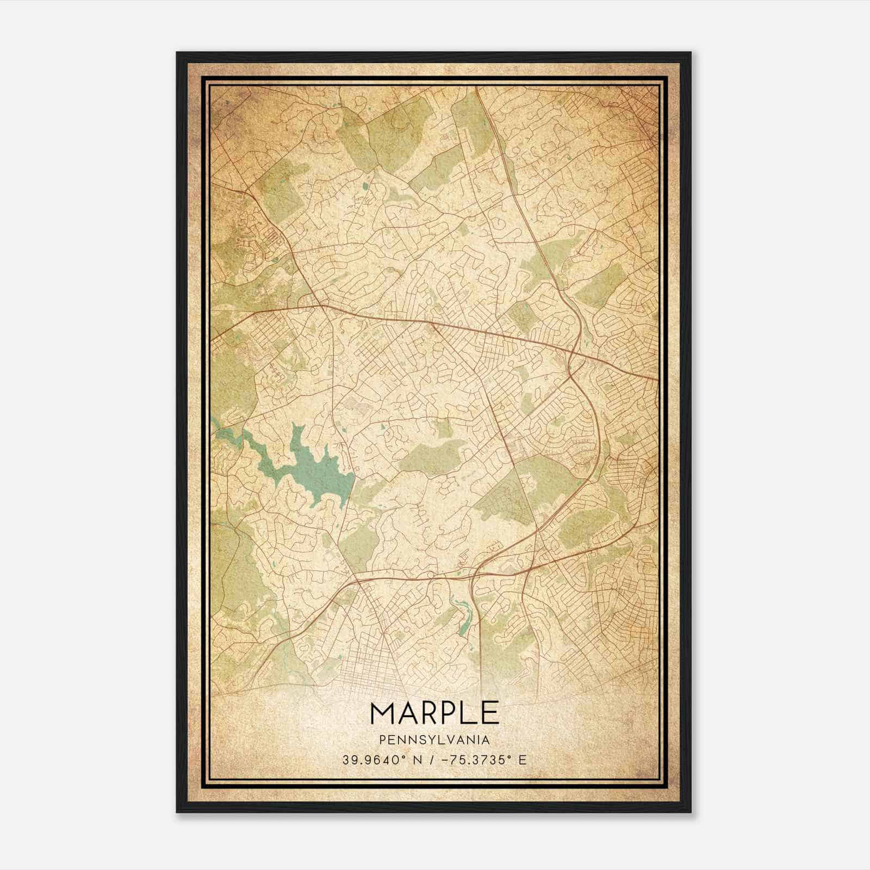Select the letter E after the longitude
tap(522, 760)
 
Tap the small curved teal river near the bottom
tap(462, 617)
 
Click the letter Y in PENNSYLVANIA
tap(430, 739)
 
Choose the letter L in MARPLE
tap(469, 712)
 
